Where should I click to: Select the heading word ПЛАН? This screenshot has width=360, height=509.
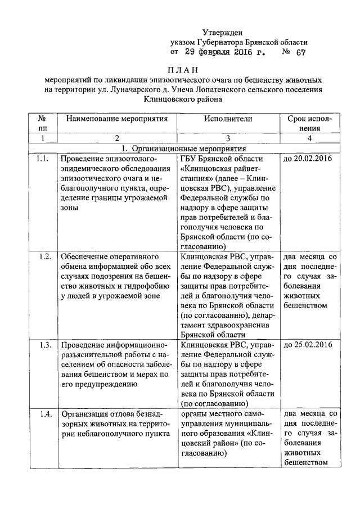coord(183,70)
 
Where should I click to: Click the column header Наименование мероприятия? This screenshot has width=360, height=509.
coord(117,119)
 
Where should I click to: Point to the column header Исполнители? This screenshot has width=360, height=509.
coord(228,119)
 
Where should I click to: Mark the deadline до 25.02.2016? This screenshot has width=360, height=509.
coord(308,345)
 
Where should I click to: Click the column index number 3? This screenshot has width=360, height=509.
coord(228,138)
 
